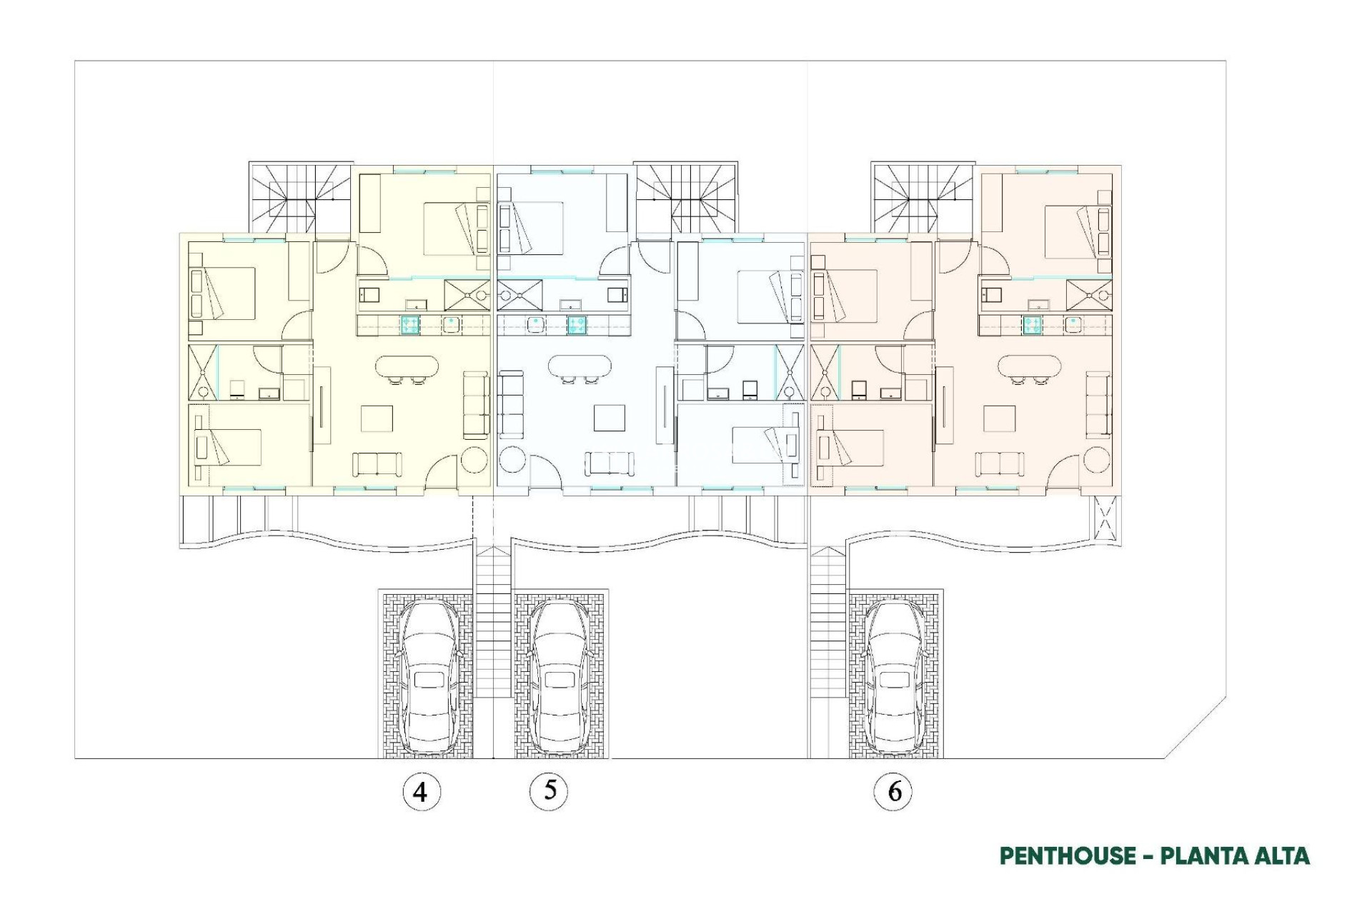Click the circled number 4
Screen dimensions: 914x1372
click(x=421, y=791)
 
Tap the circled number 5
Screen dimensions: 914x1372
click(x=549, y=790)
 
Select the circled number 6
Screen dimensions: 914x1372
click(x=893, y=791)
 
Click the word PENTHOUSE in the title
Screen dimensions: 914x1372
click(x=1067, y=855)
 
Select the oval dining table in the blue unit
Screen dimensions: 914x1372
click(x=580, y=367)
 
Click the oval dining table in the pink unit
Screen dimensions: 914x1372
click(x=1029, y=367)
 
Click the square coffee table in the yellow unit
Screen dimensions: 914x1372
click(x=377, y=418)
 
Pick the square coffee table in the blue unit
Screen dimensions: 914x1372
click(x=609, y=418)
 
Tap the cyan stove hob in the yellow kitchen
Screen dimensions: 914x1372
click(x=410, y=325)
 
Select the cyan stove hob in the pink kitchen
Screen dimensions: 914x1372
click(x=1032, y=325)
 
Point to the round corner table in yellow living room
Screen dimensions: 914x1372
click(x=474, y=459)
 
